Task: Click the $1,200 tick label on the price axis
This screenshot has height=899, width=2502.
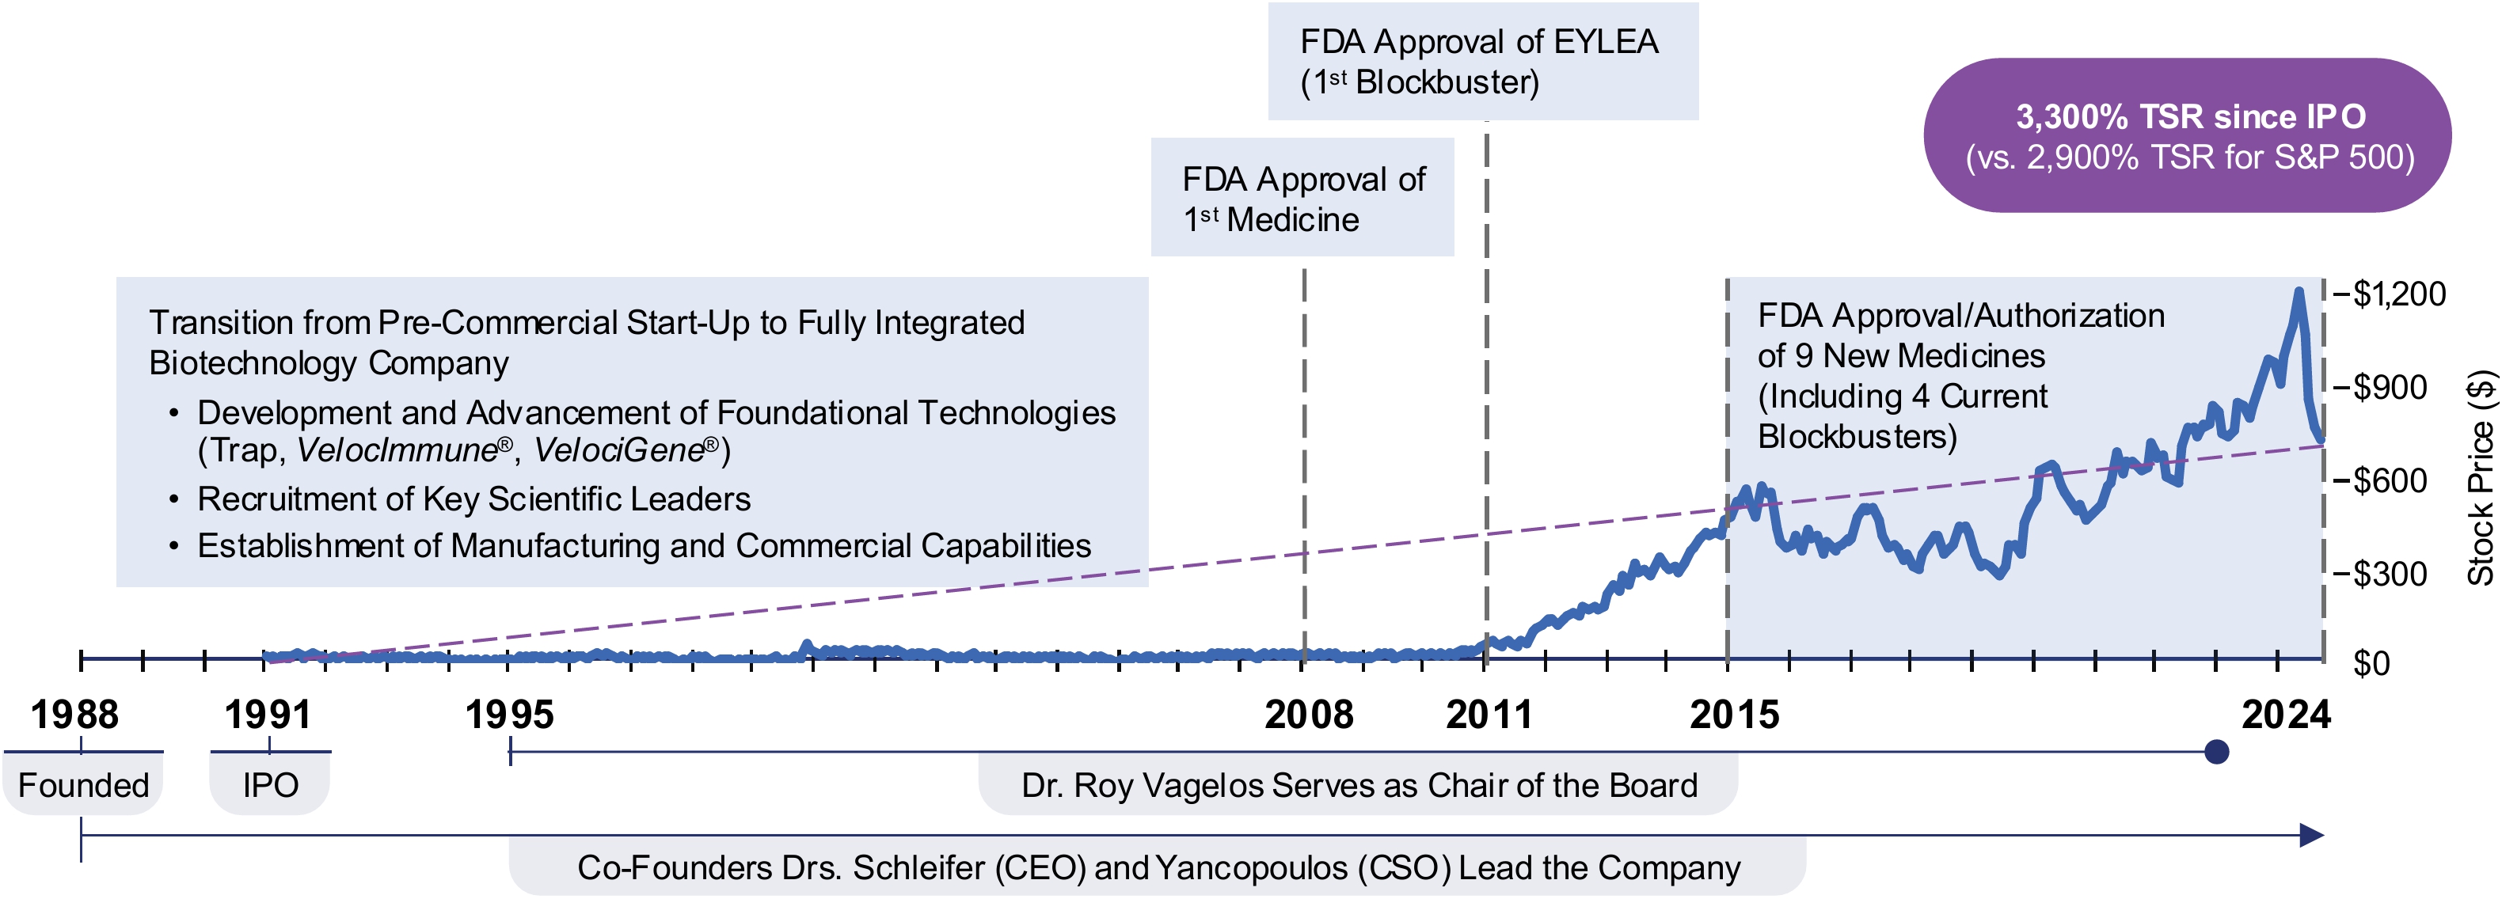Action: coord(2398,294)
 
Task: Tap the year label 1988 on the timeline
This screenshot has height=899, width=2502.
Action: coord(74,715)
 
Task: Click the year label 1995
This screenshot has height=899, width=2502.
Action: coord(509,715)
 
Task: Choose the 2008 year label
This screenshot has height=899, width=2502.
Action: coord(1308,715)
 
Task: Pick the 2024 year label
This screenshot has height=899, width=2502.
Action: coord(2285,715)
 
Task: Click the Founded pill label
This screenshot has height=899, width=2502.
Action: coord(83,784)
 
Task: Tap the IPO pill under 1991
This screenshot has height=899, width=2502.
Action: coord(270,784)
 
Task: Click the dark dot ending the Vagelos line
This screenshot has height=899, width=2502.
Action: coord(2216,752)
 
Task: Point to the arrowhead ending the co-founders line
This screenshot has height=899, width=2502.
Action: coord(2312,835)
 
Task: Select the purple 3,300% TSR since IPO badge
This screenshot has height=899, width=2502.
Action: coord(2188,136)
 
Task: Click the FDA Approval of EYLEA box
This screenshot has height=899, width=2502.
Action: coord(1482,61)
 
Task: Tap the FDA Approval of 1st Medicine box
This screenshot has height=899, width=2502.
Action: coord(1302,198)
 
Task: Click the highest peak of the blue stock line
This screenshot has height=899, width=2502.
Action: coord(2298,291)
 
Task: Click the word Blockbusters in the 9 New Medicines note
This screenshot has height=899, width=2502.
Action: coord(1856,437)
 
